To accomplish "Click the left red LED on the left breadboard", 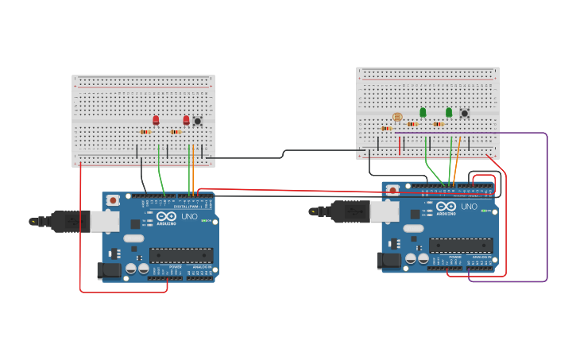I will (x=156, y=120).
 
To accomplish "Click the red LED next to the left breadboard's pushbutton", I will (x=187, y=120).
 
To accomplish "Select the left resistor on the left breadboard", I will (x=145, y=132).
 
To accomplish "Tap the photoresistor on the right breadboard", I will (x=397, y=117).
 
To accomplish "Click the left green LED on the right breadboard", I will (x=423, y=112).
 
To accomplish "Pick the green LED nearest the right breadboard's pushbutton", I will (x=449, y=112).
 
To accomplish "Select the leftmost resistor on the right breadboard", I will (x=386, y=128).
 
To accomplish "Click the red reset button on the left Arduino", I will (x=113, y=200).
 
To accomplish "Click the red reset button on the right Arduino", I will (x=392, y=191).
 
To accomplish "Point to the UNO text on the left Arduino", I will (x=190, y=216).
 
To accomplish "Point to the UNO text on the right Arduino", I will (x=470, y=207).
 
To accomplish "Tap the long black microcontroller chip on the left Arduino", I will (x=181, y=256).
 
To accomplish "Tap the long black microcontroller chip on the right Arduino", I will (x=461, y=246).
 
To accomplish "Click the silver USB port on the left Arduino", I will (x=104, y=221).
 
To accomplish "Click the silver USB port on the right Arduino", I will (x=385, y=211).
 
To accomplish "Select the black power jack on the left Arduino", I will (x=109, y=271).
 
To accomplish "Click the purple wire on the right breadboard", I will (x=547, y=207).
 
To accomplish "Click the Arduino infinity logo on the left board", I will (x=167, y=216).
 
